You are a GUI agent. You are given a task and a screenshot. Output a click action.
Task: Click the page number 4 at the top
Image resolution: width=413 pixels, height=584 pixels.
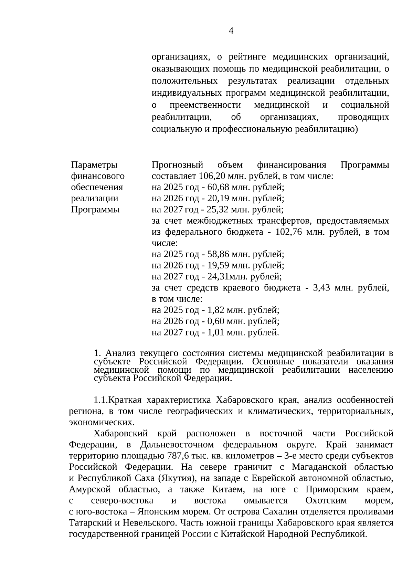pos(231,31)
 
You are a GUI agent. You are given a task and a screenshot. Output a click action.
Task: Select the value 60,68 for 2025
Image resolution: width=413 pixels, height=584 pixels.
pos(218,188)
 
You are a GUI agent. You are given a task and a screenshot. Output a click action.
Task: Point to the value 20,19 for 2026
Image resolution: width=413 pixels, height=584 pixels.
pos(218,199)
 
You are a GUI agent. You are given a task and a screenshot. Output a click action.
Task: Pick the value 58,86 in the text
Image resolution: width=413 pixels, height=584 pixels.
pos(218,254)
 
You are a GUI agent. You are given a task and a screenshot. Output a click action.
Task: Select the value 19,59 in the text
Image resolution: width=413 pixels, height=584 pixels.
pos(218,265)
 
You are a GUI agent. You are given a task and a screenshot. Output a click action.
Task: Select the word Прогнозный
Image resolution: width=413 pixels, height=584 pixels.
pos(178,165)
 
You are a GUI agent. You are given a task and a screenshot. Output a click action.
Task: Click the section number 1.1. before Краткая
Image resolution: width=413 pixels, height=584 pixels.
pos(101,400)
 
